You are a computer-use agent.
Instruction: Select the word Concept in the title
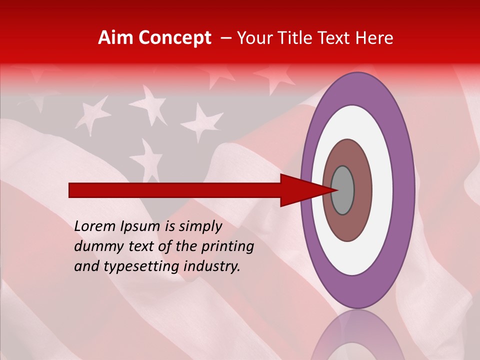[174, 38]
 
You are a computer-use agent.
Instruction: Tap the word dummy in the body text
[95, 246]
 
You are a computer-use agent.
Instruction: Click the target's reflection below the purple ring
[358, 335]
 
